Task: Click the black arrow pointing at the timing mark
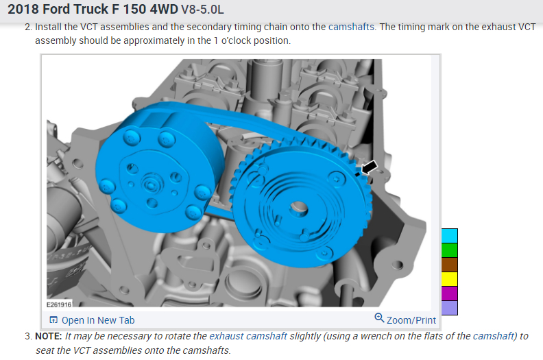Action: click(x=369, y=167)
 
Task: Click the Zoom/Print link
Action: click(x=411, y=320)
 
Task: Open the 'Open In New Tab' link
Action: click(x=98, y=320)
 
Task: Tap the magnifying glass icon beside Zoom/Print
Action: click(x=379, y=317)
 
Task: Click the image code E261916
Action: click(x=59, y=304)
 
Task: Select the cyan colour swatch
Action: click(x=450, y=236)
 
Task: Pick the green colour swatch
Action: click(x=450, y=250)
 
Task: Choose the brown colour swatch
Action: click(x=450, y=265)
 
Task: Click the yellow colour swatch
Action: click(x=450, y=279)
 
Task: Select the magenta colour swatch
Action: click(x=450, y=293)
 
